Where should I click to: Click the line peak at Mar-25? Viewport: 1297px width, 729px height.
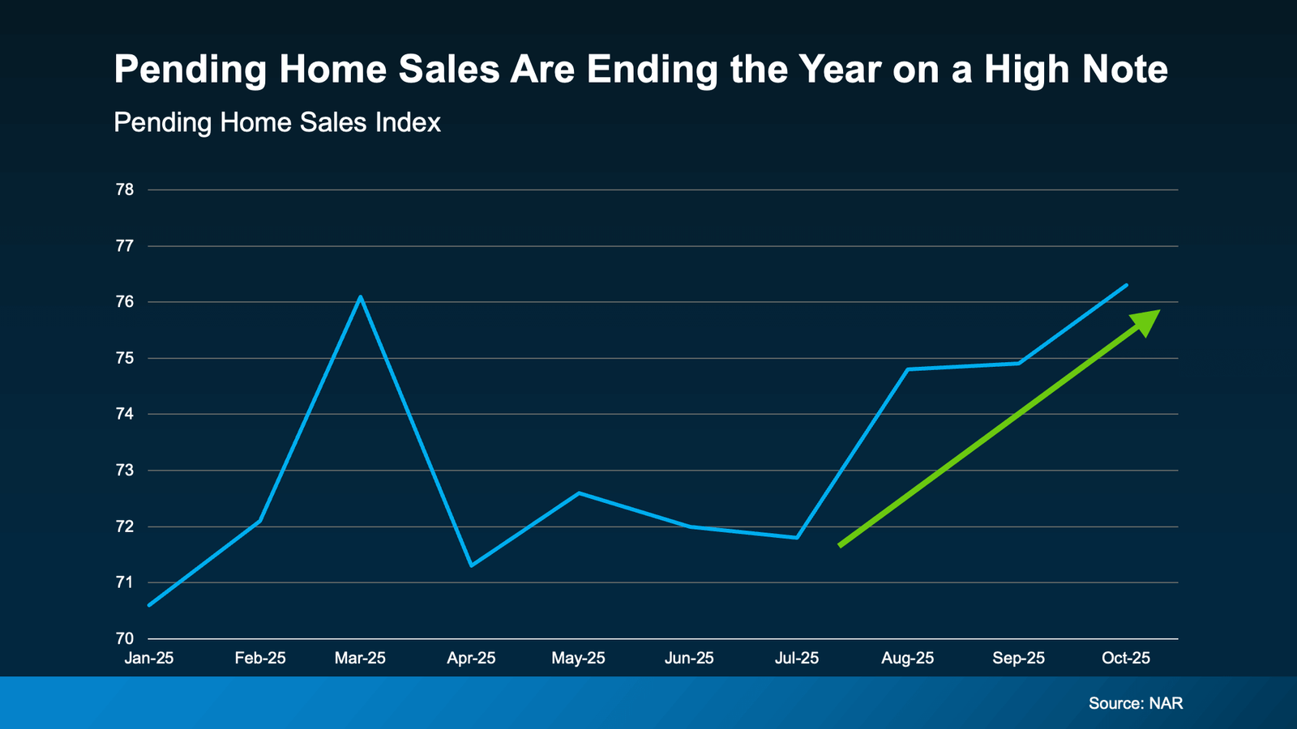click(x=361, y=297)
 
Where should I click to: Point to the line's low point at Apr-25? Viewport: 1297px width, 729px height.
click(x=472, y=565)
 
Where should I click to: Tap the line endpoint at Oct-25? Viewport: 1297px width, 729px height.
click(x=1127, y=285)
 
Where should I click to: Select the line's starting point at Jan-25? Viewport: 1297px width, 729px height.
click(x=149, y=605)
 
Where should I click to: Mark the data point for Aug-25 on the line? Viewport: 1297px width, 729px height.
click(x=908, y=369)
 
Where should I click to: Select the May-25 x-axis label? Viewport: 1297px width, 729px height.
click(x=578, y=659)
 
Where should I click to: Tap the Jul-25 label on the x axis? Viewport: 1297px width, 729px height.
click(x=797, y=659)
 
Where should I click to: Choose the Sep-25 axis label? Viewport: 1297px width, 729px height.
click(x=1018, y=659)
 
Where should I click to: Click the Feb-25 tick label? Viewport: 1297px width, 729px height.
click(x=260, y=659)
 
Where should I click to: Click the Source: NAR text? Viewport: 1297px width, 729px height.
click(x=1135, y=703)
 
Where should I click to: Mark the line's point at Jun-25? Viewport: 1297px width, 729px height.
click(x=690, y=526)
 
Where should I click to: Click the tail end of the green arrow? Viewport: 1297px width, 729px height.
click(x=841, y=545)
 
